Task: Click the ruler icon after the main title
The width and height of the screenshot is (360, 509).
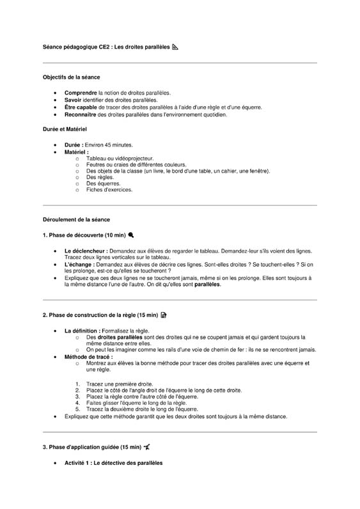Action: [x=175, y=47]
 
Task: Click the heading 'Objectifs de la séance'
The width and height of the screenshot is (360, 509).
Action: [x=71, y=77]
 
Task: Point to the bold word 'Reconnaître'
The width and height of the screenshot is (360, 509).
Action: [x=81, y=115]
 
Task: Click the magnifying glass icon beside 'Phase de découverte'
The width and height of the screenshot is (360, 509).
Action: [x=131, y=235]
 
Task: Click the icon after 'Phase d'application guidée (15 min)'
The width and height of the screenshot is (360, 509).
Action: [x=148, y=447]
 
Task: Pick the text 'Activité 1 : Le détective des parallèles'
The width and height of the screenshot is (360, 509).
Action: [x=114, y=462]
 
